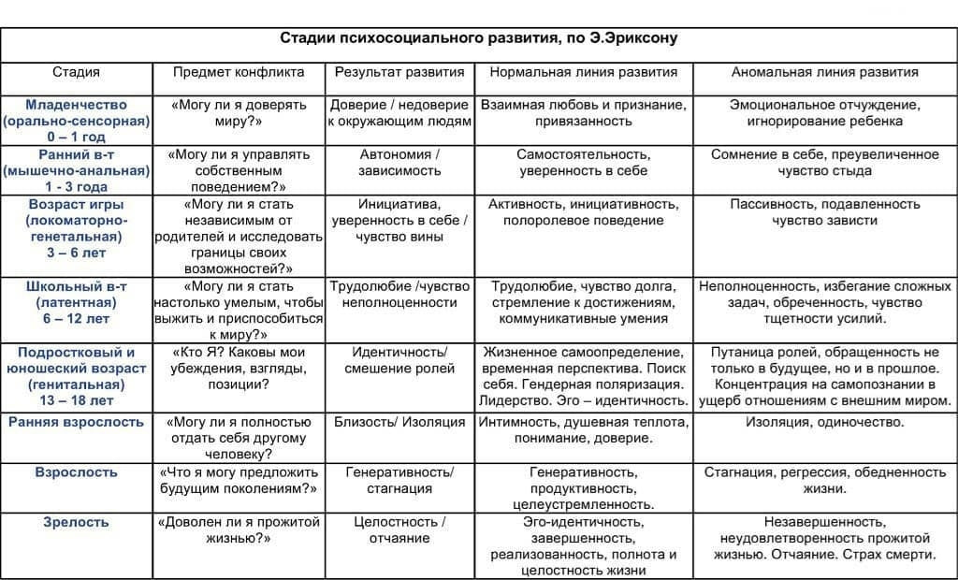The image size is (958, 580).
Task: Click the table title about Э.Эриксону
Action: pos(479,39)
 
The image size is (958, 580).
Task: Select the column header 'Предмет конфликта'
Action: pos(239,72)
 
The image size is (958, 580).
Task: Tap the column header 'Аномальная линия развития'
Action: pos(824,72)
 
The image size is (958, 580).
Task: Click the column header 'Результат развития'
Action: pos(399,72)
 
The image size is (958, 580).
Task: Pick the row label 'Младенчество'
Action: pos(77,105)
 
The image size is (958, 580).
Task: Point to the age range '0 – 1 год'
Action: pos(77,138)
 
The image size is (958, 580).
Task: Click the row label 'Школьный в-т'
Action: pos(77,286)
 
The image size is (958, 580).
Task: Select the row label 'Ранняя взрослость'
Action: pos(77,422)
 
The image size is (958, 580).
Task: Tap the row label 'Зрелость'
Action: pos(77,522)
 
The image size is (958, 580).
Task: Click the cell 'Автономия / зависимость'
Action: pos(399,163)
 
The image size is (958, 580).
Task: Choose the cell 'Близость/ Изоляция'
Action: pos(399,422)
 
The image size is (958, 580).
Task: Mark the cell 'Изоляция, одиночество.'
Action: pos(824,422)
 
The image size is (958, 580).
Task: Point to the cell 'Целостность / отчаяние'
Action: pos(399,529)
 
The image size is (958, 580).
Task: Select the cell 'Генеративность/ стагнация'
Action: pos(399,480)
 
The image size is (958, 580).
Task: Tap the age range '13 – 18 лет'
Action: pos(77,400)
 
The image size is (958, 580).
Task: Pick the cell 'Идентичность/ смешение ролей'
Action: pos(399,360)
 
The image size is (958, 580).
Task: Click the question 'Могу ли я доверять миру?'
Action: pos(239,113)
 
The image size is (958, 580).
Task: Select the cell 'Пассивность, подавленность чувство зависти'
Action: pos(824,212)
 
